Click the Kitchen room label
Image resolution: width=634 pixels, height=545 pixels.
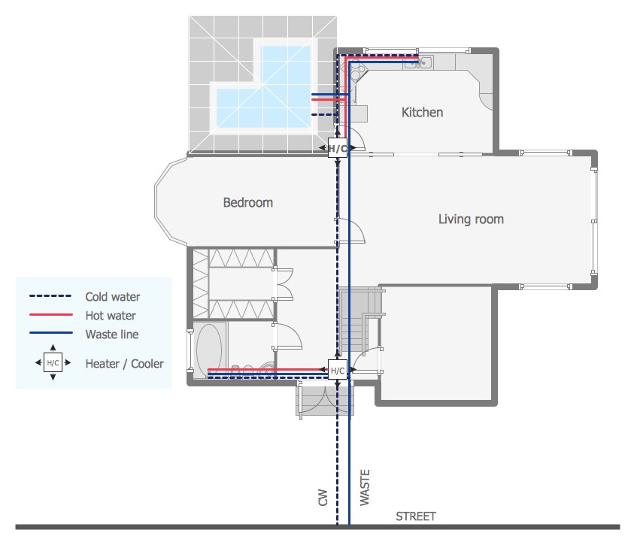click(x=422, y=112)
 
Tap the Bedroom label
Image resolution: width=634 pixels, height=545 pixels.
click(x=248, y=202)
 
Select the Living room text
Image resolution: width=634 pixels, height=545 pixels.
click(x=471, y=219)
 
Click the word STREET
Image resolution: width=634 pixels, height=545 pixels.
click(x=416, y=516)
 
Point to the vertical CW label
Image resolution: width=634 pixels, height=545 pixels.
click(x=323, y=498)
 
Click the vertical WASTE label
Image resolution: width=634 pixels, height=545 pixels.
click(x=365, y=487)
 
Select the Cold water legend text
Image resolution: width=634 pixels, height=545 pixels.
click(x=112, y=296)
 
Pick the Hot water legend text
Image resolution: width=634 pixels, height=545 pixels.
click(x=111, y=316)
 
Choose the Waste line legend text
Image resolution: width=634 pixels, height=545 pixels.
click(x=112, y=334)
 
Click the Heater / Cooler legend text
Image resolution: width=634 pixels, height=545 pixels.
click(x=125, y=364)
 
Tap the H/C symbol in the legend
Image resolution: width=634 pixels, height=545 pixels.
click(x=53, y=362)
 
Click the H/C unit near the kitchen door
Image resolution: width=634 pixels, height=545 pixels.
click(x=337, y=148)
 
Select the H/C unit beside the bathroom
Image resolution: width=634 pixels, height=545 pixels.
click(x=337, y=370)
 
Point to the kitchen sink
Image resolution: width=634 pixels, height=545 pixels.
click(x=418, y=62)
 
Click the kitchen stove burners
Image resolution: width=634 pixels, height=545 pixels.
click(x=356, y=70)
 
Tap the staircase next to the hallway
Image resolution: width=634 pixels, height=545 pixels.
click(x=357, y=320)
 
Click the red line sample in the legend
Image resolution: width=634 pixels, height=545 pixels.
click(x=51, y=314)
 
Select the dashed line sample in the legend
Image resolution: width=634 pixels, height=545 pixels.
click(x=50, y=296)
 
